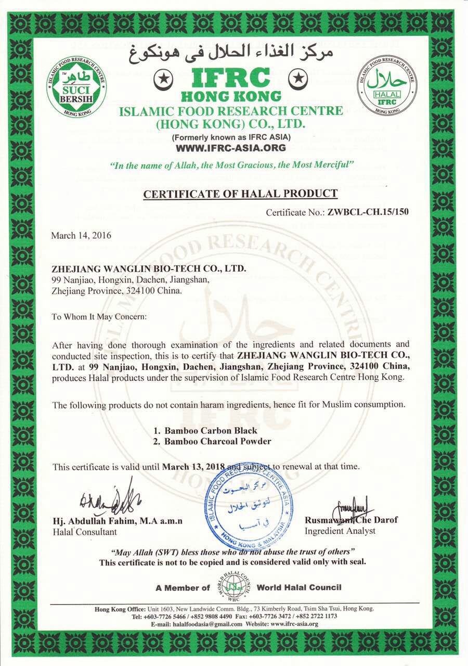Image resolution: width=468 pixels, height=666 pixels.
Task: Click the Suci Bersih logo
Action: tap(76, 86)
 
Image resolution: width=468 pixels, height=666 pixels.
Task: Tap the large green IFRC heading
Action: tap(231, 79)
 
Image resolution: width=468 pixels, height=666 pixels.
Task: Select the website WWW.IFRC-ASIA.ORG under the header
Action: tap(231, 148)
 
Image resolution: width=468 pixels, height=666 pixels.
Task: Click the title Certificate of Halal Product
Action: tap(240, 194)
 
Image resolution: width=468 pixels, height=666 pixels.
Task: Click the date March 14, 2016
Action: tap(81, 235)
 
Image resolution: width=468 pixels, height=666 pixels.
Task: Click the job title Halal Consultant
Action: tap(85, 532)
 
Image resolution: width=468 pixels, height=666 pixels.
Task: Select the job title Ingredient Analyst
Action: tap(340, 531)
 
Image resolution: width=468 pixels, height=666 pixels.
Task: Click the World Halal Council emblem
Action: tap(238, 587)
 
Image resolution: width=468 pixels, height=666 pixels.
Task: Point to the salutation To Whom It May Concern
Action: tap(92, 316)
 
